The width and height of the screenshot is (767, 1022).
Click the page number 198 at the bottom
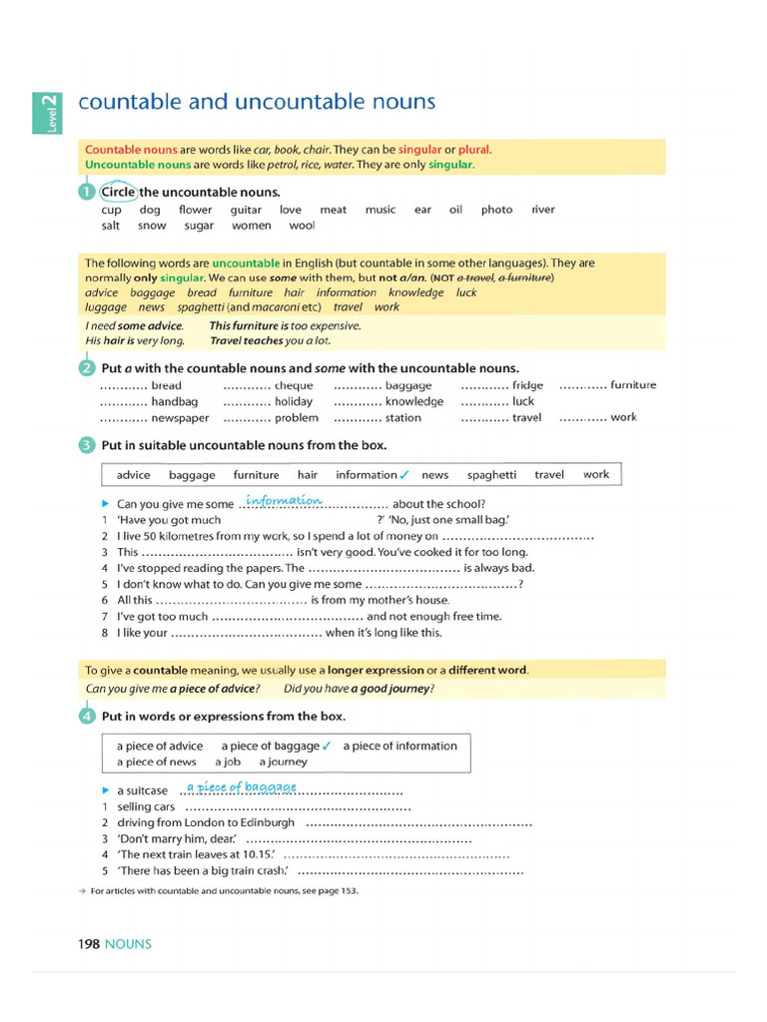[x=89, y=943]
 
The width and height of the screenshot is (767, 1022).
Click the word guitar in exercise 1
[x=246, y=210]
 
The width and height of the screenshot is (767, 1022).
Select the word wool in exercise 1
[x=302, y=226]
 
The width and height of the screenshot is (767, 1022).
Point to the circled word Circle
[x=118, y=192]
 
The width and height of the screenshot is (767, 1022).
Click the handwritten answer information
[x=284, y=500]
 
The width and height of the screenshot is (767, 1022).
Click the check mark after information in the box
[x=404, y=475]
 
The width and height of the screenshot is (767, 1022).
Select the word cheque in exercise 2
[x=294, y=385]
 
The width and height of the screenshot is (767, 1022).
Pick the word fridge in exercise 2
[x=527, y=385]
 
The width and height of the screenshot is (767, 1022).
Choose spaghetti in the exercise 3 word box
[x=491, y=475]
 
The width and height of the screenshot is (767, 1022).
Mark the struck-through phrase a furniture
[x=524, y=277]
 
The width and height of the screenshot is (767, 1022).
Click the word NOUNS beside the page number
[x=128, y=943]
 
